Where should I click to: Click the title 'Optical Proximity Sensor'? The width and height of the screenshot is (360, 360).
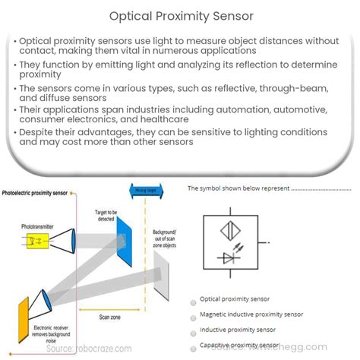(180, 14)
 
